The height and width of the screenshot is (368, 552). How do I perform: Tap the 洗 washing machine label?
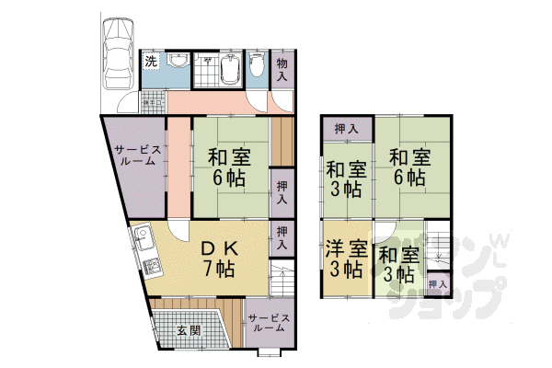pyautogui.click(x=150, y=62)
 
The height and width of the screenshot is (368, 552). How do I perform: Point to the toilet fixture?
pyautogui.click(x=258, y=63)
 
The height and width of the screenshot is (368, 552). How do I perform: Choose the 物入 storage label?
pyautogui.click(x=282, y=69)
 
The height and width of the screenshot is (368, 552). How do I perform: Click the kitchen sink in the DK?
pyautogui.click(x=142, y=242)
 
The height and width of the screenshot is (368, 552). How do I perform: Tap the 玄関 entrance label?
pyautogui.click(x=188, y=331)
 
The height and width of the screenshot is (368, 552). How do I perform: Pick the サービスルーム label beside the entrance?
pyautogui.click(x=269, y=323)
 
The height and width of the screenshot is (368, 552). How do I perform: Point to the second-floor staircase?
pyautogui.click(x=439, y=245)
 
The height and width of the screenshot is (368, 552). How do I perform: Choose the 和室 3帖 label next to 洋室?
pyautogui.click(x=397, y=264)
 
